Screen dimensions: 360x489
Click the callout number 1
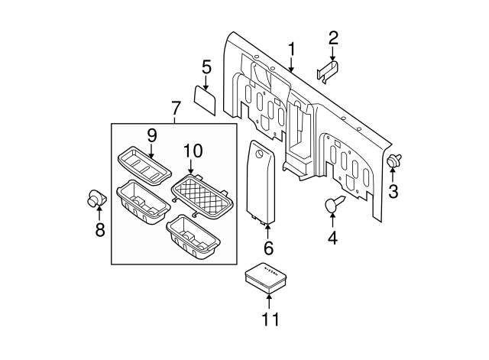[x=291, y=50]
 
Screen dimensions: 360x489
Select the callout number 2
[x=332, y=37]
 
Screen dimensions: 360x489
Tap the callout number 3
[x=393, y=192]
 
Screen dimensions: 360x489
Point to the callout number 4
[x=332, y=238]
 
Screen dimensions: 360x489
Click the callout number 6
[x=267, y=248]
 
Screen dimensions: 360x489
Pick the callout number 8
[x=99, y=229]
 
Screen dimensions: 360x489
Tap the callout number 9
[x=151, y=136]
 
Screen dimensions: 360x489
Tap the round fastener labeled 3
[x=394, y=161]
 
